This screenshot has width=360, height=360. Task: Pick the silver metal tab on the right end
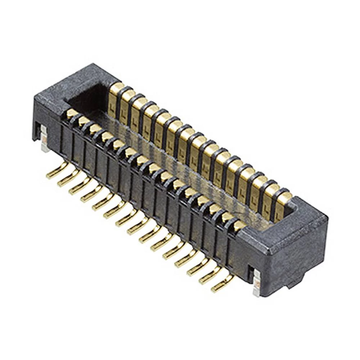click(x=256, y=283)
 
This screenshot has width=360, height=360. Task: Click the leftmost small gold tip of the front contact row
click(x=71, y=113)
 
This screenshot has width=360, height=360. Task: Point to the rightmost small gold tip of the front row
click(x=238, y=225)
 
